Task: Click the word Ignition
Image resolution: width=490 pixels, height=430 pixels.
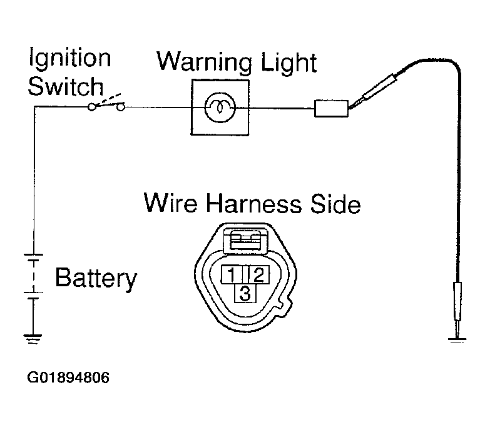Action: tap(69, 59)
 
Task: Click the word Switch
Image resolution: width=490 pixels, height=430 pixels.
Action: tap(66, 86)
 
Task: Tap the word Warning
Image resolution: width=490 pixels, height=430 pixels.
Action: tap(205, 62)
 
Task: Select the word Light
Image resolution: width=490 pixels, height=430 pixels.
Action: tap(288, 62)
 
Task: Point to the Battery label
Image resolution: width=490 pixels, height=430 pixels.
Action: tap(96, 278)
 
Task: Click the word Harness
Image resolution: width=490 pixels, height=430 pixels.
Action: tap(253, 204)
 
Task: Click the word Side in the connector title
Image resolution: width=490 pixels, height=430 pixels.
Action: tap(335, 204)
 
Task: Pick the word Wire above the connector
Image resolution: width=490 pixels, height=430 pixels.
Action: tap(170, 203)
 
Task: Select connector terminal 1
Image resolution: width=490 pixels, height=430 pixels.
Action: tap(232, 274)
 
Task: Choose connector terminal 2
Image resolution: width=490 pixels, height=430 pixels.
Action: tap(258, 274)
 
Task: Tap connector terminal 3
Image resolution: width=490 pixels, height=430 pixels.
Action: tap(245, 293)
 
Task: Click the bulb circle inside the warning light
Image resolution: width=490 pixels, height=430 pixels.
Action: tap(220, 107)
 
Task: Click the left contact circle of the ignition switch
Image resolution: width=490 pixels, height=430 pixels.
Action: tap(91, 107)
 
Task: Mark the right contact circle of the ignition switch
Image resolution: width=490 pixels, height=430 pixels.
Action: tap(121, 107)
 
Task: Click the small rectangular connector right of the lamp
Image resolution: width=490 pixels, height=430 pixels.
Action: tap(331, 109)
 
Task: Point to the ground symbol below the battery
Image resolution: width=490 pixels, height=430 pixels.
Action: tap(33, 339)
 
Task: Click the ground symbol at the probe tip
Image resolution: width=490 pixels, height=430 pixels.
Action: tap(457, 340)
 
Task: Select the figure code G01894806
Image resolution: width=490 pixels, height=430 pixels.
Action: tap(68, 377)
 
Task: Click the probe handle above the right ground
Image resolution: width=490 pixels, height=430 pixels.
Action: tap(457, 301)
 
